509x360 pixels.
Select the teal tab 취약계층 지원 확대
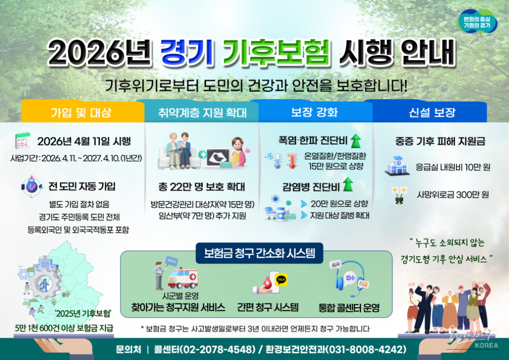point(201,112)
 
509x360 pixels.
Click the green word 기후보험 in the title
point(276,52)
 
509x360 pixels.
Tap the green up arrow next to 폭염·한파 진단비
point(357,140)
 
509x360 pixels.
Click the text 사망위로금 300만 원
point(452,195)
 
